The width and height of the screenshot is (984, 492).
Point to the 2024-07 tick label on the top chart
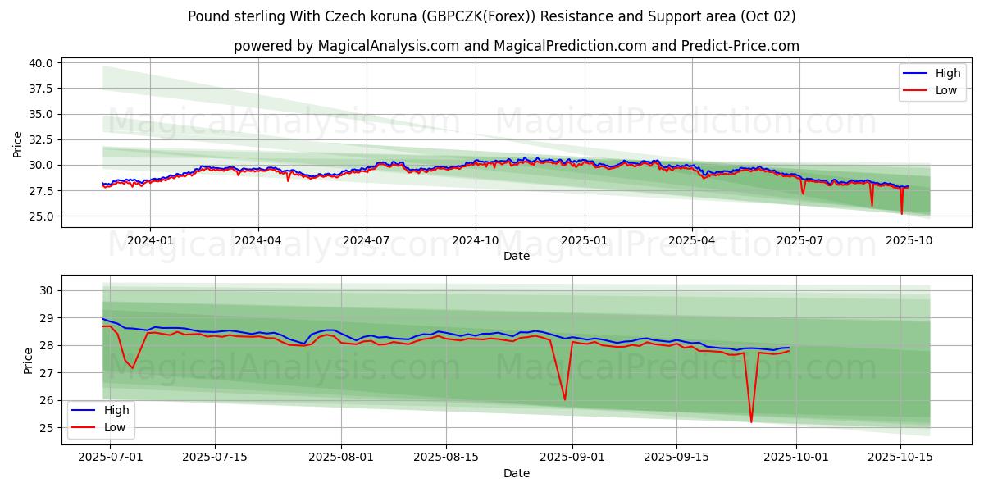[x=366, y=240]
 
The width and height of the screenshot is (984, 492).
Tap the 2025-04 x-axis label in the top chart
[x=692, y=240]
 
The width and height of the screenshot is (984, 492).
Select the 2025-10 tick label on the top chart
[x=909, y=240]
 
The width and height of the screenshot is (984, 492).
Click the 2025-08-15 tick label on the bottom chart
[x=446, y=458]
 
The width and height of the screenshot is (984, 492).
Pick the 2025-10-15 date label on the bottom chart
[x=900, y=458]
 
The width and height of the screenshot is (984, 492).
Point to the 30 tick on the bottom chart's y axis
[x=47, y=290]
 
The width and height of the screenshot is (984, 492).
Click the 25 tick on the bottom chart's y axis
[x=47, y=428]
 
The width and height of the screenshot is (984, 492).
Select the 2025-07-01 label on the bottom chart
[x=100, y=458]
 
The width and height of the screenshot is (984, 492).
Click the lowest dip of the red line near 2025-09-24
[x=751, y=422]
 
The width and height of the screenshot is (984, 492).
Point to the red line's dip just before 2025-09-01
[x=565, y=399]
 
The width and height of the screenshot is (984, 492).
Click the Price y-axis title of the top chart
[x=18, y=143]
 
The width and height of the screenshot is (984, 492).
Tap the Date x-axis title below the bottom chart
[x=517, y=473]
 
